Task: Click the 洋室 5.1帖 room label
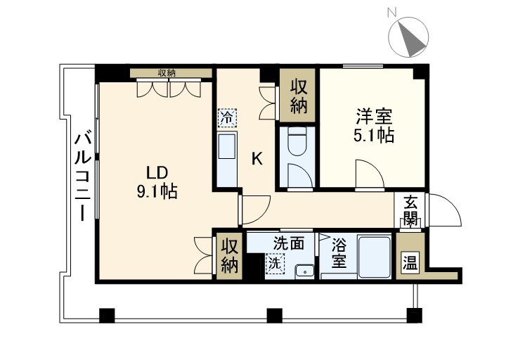(372, 125)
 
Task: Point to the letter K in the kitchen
(257, 159)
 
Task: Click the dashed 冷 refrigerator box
(226, 117)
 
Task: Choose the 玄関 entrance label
(410, 209)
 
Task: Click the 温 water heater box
(409, 264)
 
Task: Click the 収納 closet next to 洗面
(230, 255)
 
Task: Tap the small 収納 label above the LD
(167, 72)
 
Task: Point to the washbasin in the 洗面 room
(304, 270)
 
